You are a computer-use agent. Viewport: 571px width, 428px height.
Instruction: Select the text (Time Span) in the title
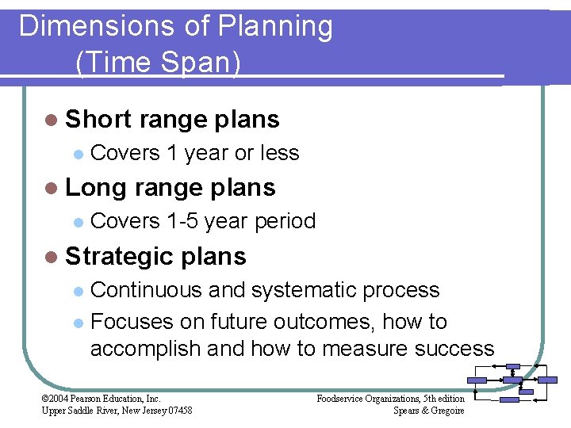158,62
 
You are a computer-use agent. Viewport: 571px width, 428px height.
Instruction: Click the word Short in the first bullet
98,120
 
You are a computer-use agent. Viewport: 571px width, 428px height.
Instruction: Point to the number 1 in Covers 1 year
172,153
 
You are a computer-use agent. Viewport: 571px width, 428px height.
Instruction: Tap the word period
285,221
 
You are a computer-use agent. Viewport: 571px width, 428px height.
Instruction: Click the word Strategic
120,256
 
